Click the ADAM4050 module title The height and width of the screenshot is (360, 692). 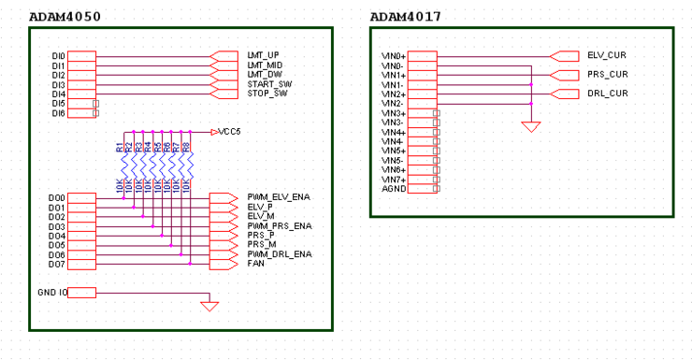[65, 17]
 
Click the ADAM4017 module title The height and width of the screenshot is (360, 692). [405, 17]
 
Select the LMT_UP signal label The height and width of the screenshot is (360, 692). [263, 55]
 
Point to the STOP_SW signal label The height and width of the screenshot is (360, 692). [267, 94]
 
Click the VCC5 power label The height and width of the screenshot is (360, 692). [229, 132]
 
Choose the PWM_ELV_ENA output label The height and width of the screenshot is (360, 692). [279, 197]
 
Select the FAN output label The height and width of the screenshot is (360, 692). [255, 264]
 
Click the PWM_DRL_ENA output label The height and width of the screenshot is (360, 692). [279, 254]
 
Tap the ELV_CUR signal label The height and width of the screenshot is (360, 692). [607, 55]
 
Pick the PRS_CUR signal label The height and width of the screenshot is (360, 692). [607, 74]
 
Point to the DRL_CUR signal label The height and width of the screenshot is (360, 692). [607, 94]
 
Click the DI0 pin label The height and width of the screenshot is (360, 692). [58, 56]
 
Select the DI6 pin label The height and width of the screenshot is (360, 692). [58, 113]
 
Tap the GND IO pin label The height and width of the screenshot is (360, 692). [52, 293]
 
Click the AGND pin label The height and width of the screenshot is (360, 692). [393, 188]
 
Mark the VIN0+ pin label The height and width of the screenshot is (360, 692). [393, 56]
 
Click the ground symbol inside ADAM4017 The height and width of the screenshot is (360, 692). [531, 125]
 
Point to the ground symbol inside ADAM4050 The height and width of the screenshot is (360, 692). [209, 305]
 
